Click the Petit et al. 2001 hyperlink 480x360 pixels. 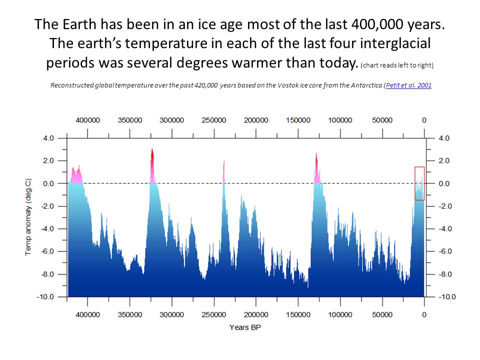408,85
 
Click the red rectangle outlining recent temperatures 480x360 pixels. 419,167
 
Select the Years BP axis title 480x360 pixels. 245,327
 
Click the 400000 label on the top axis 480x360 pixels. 88,120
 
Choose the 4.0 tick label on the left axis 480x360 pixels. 48,138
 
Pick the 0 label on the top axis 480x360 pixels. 424,120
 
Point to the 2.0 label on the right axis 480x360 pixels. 444,160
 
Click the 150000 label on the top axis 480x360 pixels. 298,120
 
